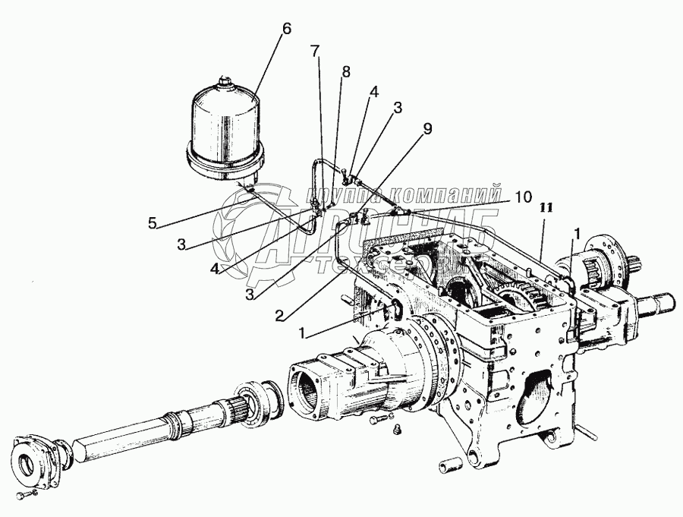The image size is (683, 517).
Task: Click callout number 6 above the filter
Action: [285, 29]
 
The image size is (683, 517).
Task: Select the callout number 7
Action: [314, 52]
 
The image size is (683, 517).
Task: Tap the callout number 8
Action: [346, 71]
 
